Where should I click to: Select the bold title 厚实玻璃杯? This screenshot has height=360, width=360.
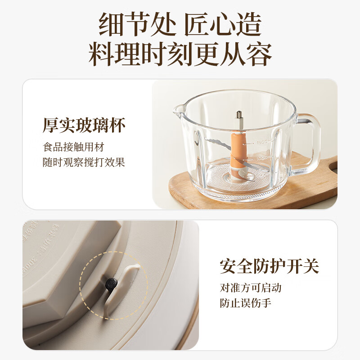coord(84,125)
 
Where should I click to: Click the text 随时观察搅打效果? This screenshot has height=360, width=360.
coord(84,162)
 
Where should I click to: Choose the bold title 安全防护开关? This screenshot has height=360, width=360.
coord(269,266)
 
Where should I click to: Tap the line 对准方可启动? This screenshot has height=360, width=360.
coord(251,288)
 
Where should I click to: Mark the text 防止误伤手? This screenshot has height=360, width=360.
coord(245,303)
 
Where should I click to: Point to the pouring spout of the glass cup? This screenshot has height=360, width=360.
coord(179,110)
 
